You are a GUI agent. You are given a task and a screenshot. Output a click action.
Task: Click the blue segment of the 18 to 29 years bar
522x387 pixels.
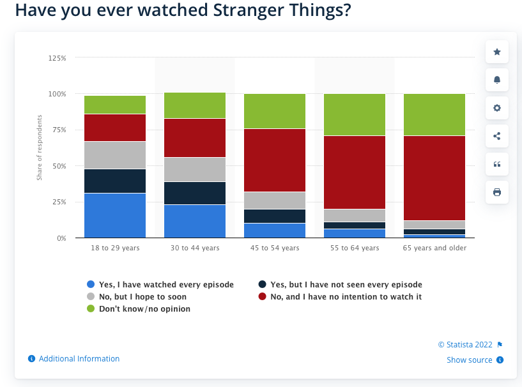[115, 215]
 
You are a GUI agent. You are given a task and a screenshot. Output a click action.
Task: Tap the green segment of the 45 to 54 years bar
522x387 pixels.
[275, 111]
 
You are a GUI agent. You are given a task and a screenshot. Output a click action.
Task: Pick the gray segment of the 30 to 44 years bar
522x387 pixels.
[195, 169]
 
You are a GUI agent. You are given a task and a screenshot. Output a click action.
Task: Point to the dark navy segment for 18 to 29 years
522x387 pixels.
[115, 181]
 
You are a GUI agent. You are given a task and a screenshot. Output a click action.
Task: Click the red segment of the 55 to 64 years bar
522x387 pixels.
[355, 172]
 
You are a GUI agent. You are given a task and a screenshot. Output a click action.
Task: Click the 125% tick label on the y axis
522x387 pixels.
[57, 58]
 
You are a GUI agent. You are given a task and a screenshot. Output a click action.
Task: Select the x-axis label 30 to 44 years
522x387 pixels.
[195, 248]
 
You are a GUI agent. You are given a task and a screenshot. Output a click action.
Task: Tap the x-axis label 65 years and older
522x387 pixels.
[434, 248]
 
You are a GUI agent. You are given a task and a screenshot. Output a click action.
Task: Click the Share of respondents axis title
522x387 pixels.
[39, 148]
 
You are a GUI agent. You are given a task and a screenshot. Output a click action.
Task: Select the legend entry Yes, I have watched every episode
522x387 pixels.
[160, 285]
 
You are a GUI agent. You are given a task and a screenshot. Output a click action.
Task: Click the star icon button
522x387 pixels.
[497, 52]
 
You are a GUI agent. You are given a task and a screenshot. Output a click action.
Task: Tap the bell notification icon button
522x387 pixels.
[497, 80]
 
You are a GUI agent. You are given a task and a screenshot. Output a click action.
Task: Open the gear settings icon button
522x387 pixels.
[497, 108]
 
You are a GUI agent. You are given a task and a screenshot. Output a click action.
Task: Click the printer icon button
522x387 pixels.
[497, 192]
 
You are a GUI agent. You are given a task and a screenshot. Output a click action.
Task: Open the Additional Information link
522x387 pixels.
[79, 359]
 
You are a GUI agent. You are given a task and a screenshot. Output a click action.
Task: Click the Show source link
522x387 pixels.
[470, 360]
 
